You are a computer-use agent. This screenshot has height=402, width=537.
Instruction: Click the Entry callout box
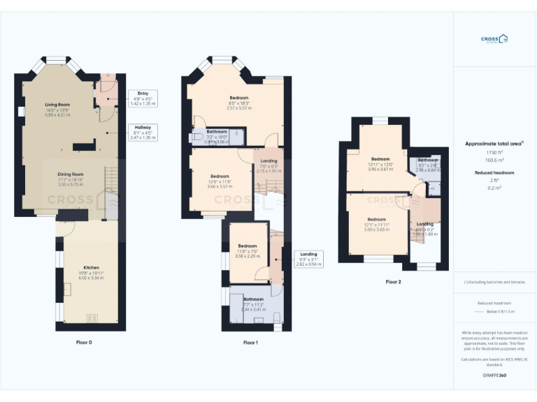click(143, 98)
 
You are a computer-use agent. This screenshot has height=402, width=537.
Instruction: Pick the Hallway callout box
click(143, 133)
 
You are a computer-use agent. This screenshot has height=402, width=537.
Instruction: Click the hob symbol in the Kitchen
click(92, 318)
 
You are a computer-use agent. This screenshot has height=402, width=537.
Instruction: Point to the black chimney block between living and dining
click(83, 147)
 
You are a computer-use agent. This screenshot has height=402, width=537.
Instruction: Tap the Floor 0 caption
click(84, 343)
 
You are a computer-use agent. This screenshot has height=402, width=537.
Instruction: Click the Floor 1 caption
click(250, 343)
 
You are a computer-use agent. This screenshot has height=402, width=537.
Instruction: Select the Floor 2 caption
click(394, 282)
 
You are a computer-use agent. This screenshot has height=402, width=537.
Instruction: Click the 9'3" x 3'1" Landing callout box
click(308, 259)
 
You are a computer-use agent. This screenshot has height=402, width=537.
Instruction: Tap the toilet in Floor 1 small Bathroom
click(197, 136)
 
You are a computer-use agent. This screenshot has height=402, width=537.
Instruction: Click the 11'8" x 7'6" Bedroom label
click(248, 246)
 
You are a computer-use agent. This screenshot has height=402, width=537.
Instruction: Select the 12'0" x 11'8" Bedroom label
click(220, 176)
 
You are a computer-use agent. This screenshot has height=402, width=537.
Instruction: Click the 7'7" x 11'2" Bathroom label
click(253, 299)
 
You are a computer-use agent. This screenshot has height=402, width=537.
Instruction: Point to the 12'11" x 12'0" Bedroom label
click(380, 158)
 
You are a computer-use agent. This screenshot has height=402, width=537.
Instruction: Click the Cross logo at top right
click(494, 40)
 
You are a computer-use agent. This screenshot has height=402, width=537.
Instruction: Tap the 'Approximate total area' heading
click(494, 143)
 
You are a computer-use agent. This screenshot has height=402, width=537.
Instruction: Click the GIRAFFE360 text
click(494, 376)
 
